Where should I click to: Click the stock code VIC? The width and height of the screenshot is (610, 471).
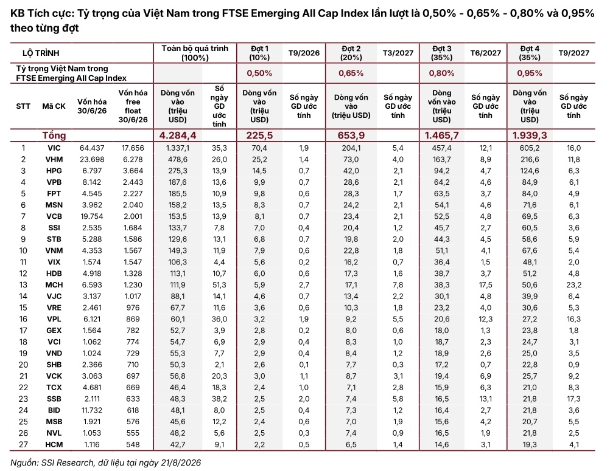(x=54, y=148)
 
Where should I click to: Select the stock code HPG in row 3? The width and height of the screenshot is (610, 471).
(x=54, y=171)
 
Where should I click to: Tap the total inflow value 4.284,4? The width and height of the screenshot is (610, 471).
(x=178, y=135)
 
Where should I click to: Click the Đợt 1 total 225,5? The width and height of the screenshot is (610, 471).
(x=259, y=135)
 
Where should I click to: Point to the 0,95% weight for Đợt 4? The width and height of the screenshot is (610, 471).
(x=530, y=73)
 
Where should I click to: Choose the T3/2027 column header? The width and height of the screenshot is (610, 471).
(x=398, y=53)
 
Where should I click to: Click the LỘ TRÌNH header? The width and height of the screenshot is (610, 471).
(x=41, y=53)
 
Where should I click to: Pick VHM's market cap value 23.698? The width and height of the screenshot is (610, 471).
(x=92, y=159)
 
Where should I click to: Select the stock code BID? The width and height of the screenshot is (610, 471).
(x=54, y=410)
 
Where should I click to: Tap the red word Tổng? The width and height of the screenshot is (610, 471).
(x=54, y=135)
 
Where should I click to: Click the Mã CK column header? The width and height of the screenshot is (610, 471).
(x=54, y=106)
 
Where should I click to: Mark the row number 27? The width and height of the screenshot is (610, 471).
(x=23, y=445)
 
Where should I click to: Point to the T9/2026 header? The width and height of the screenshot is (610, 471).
(x=304, y=53)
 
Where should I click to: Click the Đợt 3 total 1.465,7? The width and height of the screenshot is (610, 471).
(x=441, y=135)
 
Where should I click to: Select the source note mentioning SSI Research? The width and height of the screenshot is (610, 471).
(x=105, y=462)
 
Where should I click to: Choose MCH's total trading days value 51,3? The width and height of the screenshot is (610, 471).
(x=219, y=285)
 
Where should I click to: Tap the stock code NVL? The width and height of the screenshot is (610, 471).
(x=54, y=433)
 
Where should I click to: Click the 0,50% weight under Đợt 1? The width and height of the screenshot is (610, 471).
(x=259, y=73)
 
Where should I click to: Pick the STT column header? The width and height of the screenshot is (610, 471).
(x=23, y=106)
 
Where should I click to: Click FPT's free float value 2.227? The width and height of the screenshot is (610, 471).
(x=133, y=194)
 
